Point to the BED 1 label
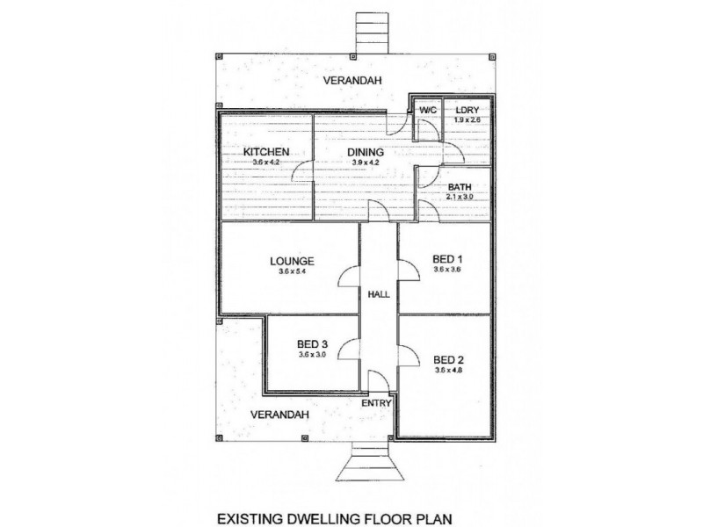(x=447, y=259)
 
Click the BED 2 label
(x=447, y=359)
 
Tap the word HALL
(x=379, y=294)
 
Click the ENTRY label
(x=379, y=403)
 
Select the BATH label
(x=460, y=188)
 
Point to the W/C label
(x=428, y=110)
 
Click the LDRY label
(x=467, y=110)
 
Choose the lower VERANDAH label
(x=272, y=414)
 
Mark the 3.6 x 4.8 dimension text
(x=447, y=371)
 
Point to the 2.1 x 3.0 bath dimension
(x=460, y=199)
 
